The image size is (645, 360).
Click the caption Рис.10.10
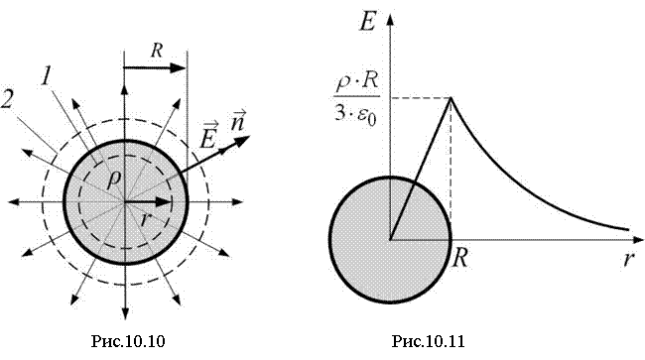pyautogui.click(x=128, y=341)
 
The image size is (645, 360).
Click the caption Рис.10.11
pyautogui.click(x=428, y=341)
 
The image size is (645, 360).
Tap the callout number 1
pyautogui.click(x=47, y=76)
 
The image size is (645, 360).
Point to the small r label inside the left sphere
pyautogui.click(x=144, y=220)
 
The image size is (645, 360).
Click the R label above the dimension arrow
pyautogui.click(x=157, y=51)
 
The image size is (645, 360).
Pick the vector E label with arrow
pyautogui.click(x=208, y=135)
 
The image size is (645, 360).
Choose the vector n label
pyautogui.click(x=238, y=120)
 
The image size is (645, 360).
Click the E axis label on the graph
pyautogui.click(x=367, y=22)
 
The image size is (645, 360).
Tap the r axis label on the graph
pyautogui.click(x=628, y=260)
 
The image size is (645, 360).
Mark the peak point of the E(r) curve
pyautogui.click(x=451, y=98)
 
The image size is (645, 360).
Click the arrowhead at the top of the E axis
pyautogui.click(x=390, y=19)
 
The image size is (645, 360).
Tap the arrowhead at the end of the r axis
pyautogui.click(x=637, y=239)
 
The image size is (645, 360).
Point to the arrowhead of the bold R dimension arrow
pyautogui.click(x=178, y=67)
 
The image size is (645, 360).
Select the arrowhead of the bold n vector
pyautogui.click(x=242, y=141)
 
